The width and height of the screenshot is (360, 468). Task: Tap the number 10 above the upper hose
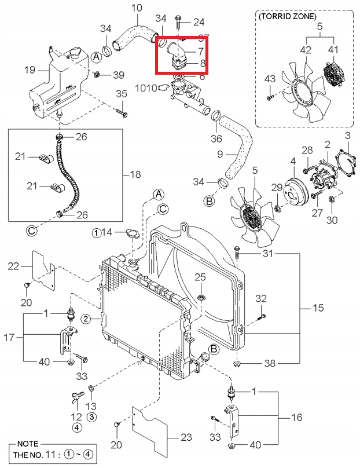(x=136, y=8)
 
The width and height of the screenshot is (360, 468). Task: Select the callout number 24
(x=199, y=23)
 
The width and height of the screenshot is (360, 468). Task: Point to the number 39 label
(x=118, y=75)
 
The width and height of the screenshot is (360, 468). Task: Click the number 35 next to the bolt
(x=121, y=94)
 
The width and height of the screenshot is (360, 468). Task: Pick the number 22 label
(x=14, y=266)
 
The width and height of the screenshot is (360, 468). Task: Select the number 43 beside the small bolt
(x=270, y=79)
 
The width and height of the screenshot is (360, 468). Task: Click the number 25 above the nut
(x=200, y=277)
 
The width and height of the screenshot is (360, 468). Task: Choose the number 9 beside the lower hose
(x=220, y=154)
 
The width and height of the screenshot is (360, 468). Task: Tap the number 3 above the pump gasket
(x=347, y=136)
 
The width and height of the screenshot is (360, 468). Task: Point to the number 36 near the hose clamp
(x=216, y=138)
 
